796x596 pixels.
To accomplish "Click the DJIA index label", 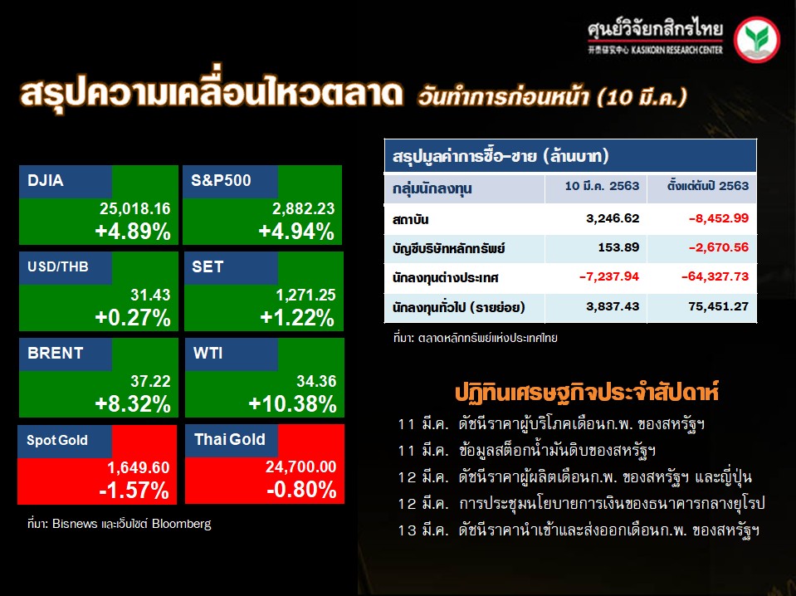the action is coord(46,180).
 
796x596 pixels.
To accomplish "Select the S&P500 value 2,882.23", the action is coord(304,208).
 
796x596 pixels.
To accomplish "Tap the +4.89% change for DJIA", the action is coord(133,232).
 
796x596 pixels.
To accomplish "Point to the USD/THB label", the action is coord(58,266).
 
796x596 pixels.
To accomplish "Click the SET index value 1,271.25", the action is coord(305,295).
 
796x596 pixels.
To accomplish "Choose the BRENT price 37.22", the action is coord(150,381).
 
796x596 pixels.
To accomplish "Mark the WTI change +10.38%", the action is coord(292,404).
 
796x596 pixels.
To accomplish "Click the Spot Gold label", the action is coord(56,440).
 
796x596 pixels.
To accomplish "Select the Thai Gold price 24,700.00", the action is coord(301,467).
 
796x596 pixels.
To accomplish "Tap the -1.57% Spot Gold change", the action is coord(134,491).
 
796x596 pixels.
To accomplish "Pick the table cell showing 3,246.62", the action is coord(613,218).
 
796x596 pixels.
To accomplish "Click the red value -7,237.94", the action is coord(609,276).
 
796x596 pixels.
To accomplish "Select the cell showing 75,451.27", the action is coord(719,306).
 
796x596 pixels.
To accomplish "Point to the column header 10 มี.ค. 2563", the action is coord(602,186).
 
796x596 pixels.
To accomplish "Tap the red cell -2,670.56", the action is coord(719,247).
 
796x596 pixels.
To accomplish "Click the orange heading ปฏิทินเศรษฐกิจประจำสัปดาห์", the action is coord(587,393).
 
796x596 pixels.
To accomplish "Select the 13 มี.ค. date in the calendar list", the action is coord(423,530).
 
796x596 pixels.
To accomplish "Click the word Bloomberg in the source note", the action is coord(181,524).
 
